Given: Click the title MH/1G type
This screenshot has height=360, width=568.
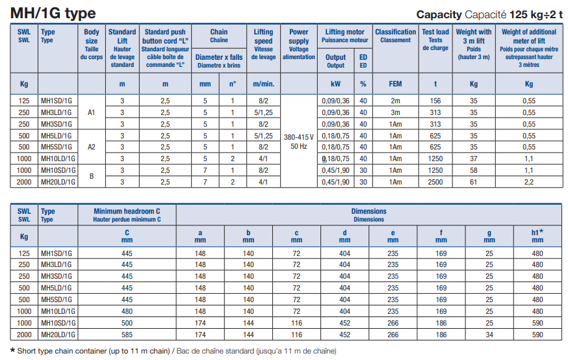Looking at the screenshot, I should click(53, 13).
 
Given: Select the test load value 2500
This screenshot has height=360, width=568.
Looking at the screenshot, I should click(435, 182).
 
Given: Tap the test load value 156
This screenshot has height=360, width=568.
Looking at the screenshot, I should click(435, 101).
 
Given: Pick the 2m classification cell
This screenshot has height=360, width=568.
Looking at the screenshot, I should click(395, 101).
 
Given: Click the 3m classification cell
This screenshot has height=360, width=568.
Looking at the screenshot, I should click(395, 112).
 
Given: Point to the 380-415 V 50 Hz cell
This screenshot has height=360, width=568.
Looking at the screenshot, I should click(299, 142).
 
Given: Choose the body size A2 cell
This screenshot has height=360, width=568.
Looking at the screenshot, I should click(91, 147).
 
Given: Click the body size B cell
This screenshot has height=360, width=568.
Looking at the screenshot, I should click(91, 176).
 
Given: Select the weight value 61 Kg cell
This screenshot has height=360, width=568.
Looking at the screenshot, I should click(474, 182).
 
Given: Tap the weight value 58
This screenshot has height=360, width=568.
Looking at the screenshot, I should click(474, 170).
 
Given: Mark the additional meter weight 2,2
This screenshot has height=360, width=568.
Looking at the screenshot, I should click(529, 182).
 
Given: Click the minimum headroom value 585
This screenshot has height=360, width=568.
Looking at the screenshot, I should click(127, 335).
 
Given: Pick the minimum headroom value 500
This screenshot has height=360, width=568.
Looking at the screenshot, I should click(127, 323).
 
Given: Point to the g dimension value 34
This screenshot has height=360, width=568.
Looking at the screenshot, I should click(489, 335).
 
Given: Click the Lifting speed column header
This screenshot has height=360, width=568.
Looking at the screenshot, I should click(263, 44).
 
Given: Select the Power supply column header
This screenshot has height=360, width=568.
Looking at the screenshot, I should click(299, 44).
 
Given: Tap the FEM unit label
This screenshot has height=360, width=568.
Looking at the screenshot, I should click(395, 84).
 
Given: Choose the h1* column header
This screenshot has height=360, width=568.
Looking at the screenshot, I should click(537, 235).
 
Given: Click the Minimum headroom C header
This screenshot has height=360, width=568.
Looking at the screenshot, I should click(127, 215).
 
